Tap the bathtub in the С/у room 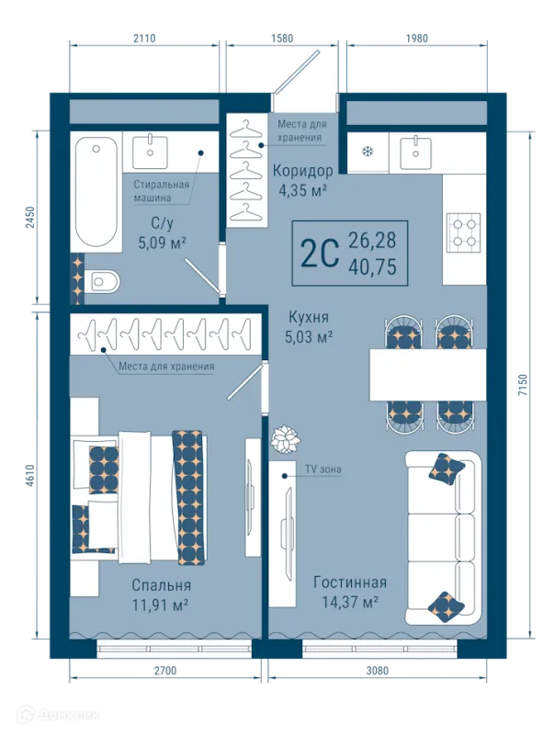(96, 192)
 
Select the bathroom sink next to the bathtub (150, 152)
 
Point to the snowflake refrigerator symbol (368, 152)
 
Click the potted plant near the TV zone (286, 439)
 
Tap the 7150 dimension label (523, 384)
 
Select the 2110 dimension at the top (144, 39)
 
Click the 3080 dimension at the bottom (377, 671)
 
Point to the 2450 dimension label (30, 218)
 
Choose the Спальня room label (161, 585)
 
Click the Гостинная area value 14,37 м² (350, 602)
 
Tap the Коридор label (303, 171)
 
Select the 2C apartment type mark (320, 253)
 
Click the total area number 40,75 (372, 266)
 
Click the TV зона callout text (323, 469)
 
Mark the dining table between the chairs (427, 375)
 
